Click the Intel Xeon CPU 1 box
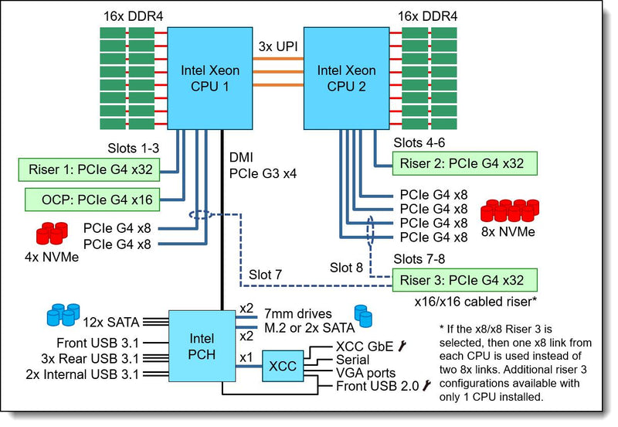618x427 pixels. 209,78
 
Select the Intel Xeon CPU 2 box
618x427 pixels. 346,78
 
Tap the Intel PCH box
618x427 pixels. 202,346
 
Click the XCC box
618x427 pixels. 283,366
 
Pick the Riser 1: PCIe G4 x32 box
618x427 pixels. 89,169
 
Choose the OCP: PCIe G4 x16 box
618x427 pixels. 92,200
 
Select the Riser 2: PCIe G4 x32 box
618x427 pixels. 465,163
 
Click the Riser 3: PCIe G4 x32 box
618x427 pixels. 465,280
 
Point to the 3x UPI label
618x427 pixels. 278,46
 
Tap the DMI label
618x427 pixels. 241,158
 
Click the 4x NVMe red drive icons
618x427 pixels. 52,234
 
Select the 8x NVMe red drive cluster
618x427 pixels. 510,210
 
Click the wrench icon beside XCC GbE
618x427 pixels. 402,346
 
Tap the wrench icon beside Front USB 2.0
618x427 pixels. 426,385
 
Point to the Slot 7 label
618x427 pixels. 265,275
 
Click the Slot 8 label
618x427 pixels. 346,268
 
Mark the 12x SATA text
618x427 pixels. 110,323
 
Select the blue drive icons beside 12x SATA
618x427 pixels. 63,315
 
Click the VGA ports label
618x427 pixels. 365,373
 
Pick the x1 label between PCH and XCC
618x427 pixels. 246,357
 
